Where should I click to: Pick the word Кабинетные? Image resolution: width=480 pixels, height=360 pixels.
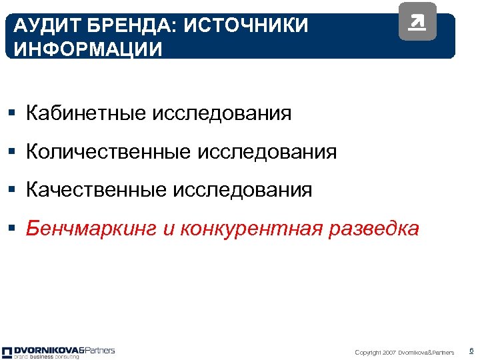[x=87, y=113]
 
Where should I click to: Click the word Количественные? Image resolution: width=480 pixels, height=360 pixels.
[x=109, y=152]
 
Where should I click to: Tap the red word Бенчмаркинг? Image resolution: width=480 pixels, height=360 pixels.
[x=91, y=229]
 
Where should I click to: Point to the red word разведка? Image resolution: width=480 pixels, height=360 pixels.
[x=374, y=229]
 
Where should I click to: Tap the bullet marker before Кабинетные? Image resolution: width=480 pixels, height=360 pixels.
[x=15, y=114]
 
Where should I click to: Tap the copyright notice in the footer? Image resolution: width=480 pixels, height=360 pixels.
[x=405, y=352]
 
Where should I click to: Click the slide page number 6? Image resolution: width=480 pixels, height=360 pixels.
[x=471, y=351]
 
